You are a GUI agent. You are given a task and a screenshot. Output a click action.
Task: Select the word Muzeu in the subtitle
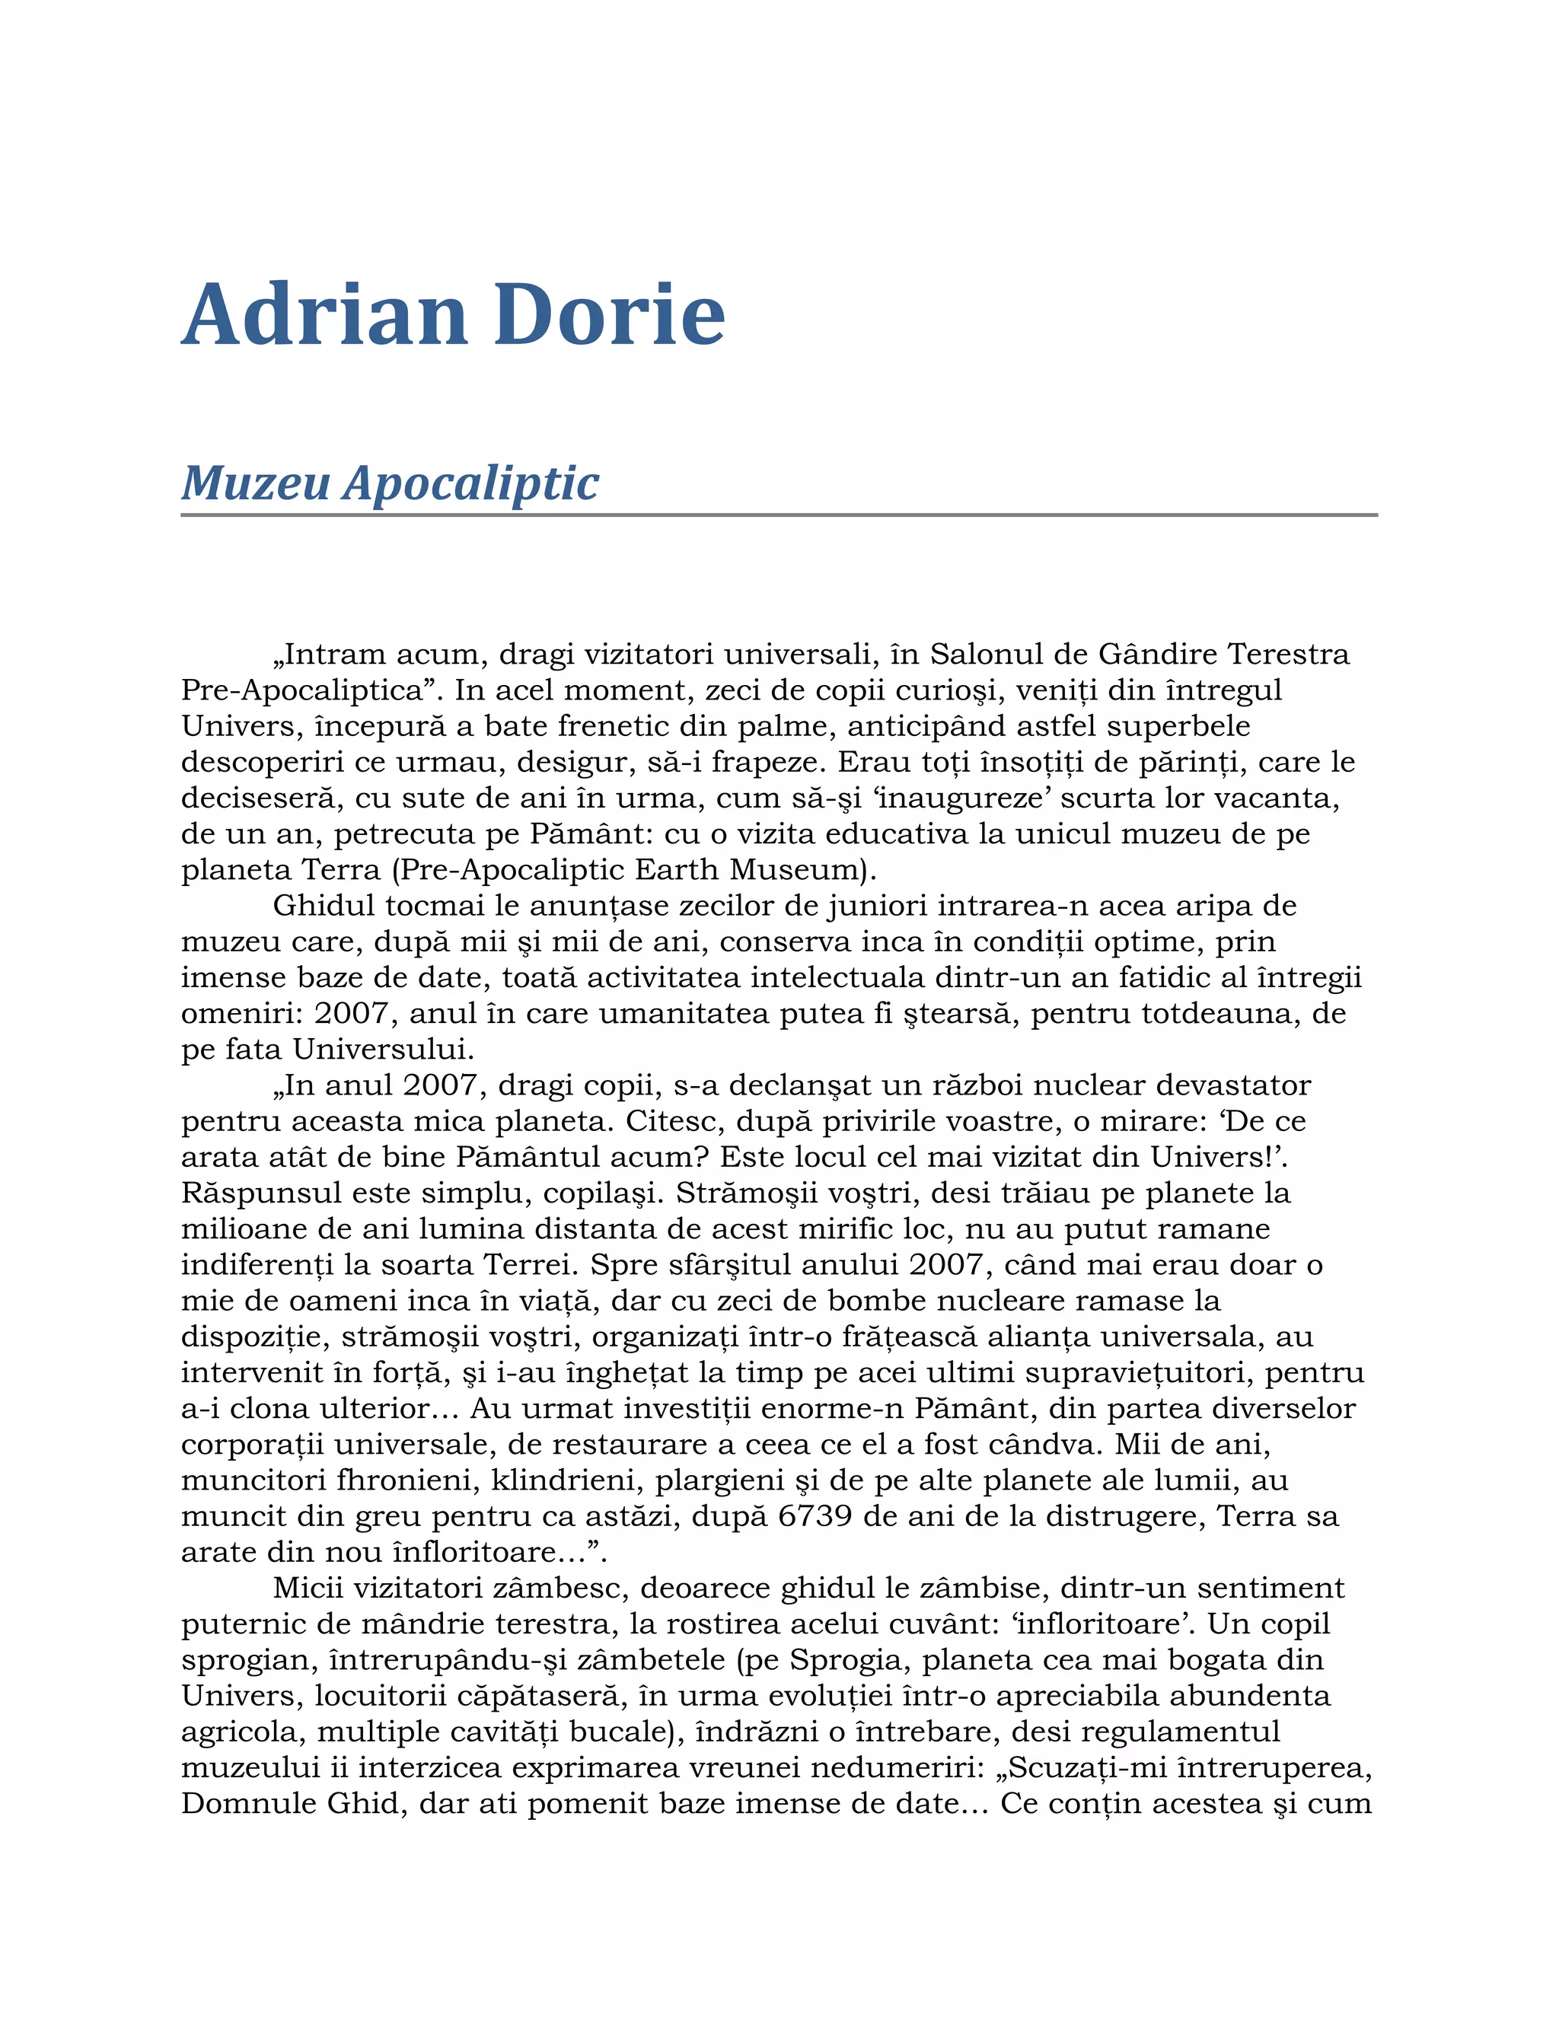[x=256, y=483]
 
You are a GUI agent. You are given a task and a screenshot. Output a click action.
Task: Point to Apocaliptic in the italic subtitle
[x=471, y=483]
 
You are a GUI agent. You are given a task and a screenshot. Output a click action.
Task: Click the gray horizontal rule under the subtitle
[x=779, y=515]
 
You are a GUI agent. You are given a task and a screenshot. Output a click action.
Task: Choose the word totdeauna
[x=1219, y=1013]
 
